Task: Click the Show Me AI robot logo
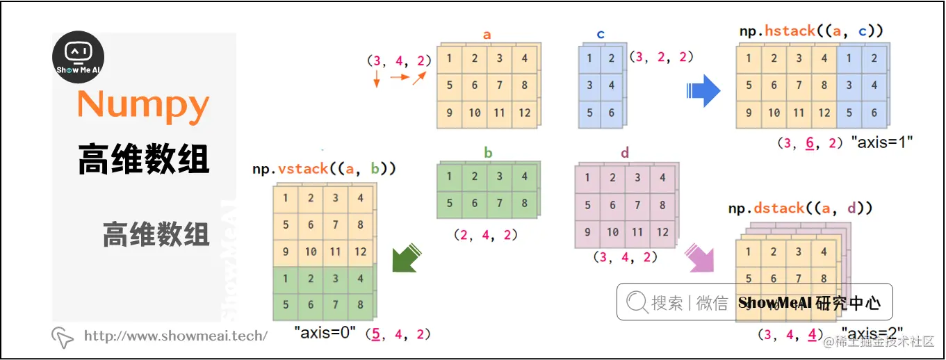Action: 79,57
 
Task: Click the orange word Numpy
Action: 143,105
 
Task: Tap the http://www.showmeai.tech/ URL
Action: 175,336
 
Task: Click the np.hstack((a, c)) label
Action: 810,31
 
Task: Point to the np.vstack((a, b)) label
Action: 324,169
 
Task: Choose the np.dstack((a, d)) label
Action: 800,208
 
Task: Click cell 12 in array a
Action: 524,113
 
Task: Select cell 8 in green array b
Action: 524,204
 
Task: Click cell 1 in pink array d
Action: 588,178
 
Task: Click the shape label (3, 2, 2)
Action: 661,58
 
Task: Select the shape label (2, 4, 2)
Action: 485,235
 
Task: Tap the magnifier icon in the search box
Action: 637,302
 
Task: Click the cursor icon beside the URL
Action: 63,337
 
